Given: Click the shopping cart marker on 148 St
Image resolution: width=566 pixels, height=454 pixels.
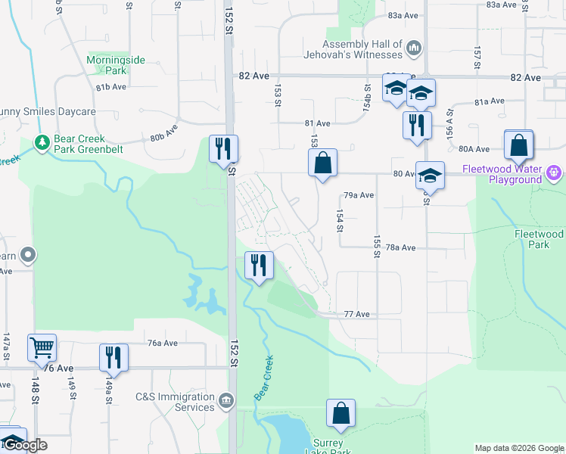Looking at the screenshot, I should click(42, 348).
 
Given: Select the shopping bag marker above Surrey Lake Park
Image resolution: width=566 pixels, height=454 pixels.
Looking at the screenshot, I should click(341, 413).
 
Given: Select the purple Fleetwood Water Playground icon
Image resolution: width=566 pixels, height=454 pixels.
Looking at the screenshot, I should click(554, 173).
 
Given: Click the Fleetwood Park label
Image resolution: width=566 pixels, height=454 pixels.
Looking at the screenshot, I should click(539, 239).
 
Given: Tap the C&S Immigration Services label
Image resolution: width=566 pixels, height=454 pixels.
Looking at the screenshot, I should click(176, 402).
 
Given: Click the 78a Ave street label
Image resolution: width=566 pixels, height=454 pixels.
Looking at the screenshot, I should click(400, 247).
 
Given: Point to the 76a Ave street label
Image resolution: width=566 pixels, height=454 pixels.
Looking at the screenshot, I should click(162, 343).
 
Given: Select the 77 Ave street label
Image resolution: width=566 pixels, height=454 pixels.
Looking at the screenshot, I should click(356, 314).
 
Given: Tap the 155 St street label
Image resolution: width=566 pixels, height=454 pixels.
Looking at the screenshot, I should click(376, 246).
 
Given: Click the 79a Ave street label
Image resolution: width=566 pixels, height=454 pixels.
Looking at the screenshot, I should click(359, 195).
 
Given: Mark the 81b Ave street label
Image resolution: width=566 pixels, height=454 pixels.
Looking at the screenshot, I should click(110, 88).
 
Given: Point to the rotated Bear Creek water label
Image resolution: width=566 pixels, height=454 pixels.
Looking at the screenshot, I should click(263, 378).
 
